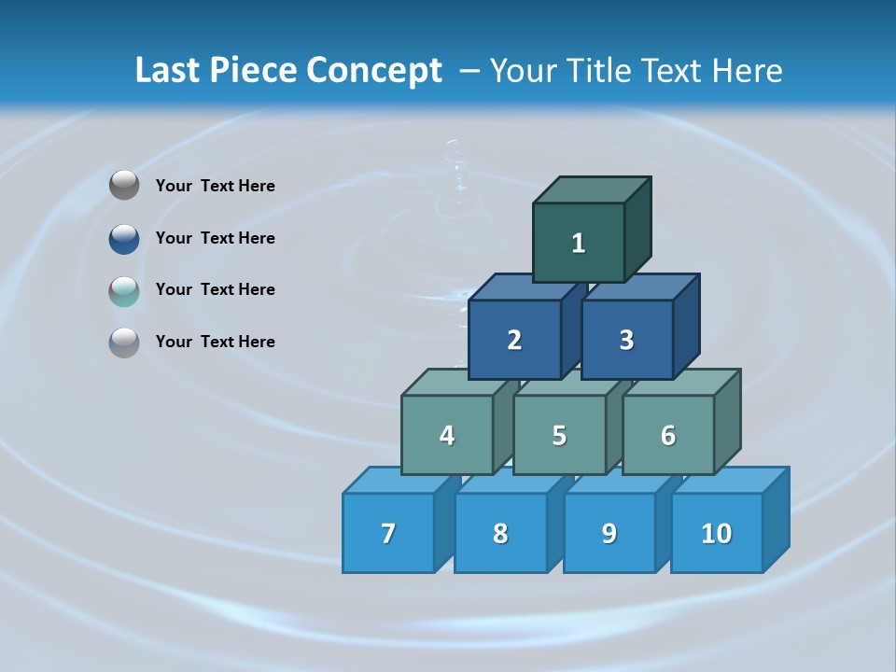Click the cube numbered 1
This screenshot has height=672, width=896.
click(579, 243)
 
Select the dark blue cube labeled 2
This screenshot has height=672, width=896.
click(514, 340)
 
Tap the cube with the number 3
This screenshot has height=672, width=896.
click(626, 340)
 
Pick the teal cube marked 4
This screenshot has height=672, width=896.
click(447, 435)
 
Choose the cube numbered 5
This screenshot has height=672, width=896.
click(559, 435)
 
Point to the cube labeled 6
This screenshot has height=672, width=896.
click(668, 435)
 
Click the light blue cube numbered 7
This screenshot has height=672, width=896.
click(388, 533)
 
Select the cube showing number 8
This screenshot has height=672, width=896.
click(500, 533)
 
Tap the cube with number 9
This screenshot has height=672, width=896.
click(609, 533)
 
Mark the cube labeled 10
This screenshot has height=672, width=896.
click(717, 533)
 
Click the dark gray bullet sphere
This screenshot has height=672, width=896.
click(124, 186)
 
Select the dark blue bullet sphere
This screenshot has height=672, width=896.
click(124, 239)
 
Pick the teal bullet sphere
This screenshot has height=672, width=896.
click(124, 291)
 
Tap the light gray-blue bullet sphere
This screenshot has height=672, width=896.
click(124, 343)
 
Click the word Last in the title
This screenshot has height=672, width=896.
click(169, 70)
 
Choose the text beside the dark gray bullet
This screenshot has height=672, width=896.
click(216, 186)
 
